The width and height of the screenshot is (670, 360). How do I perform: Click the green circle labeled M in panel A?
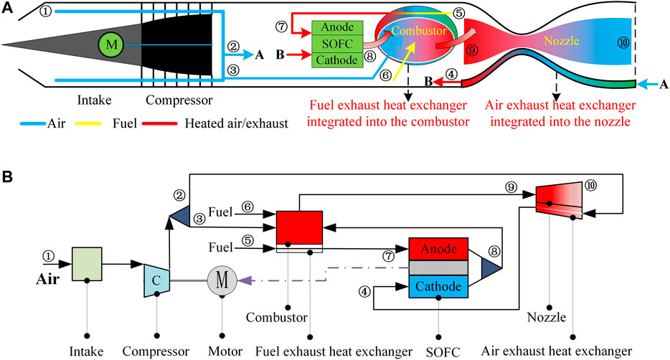(x=112, y=45)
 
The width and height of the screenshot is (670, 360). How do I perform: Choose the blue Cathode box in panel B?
(x=438, y=286)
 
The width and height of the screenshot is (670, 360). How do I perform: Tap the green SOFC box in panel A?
(x=337, y=44)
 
